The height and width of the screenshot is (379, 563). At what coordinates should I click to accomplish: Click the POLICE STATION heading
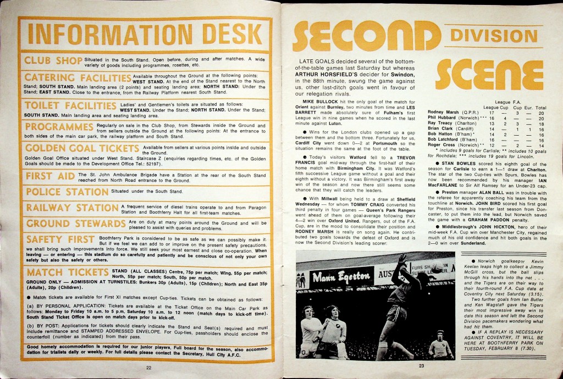click(x=67, y=192)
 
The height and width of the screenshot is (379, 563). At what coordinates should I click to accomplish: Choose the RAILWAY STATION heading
click(x=71, y=208)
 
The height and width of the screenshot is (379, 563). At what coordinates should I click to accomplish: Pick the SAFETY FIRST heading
click(x=60, y=240)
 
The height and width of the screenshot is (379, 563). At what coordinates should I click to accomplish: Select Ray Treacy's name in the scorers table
click(x=440, y=124)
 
